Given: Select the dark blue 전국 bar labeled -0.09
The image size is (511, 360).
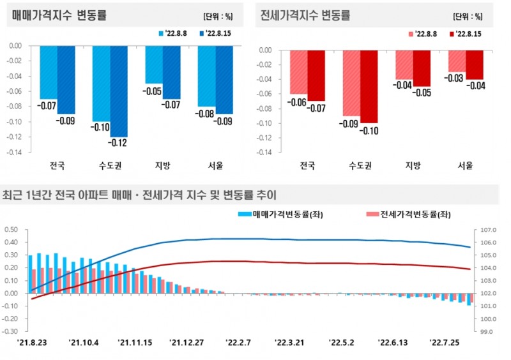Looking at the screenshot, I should pos(66,79).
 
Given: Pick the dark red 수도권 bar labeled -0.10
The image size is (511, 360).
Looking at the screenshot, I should pos(369,86).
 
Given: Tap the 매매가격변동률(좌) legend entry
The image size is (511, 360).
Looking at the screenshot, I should pos(280,214).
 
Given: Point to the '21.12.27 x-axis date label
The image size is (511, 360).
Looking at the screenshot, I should pos(186,343).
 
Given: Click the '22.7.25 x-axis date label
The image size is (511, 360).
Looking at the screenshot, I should pos(445,343).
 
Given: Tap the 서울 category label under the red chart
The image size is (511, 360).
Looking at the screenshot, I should pos(466,166).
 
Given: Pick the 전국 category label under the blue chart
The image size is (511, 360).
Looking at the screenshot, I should pos(57,166).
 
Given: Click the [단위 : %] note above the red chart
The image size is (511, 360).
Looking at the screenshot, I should pos(472,17).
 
